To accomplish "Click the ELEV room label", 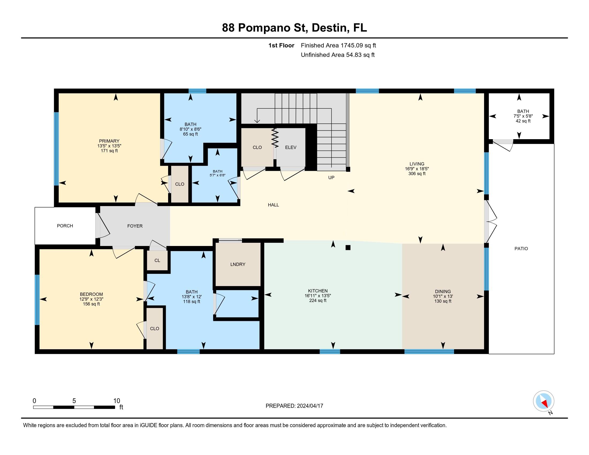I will click(x=290, y=147).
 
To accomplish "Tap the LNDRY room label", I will click(x=237, y=264).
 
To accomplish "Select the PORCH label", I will click(x=65, y=226).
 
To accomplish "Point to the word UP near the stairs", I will click(x=331, y=178).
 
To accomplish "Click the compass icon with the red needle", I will click(x=543, y=401).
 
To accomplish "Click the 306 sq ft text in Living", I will click(x=417, y=174).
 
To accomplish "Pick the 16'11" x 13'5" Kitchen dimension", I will click(x=318, y=296).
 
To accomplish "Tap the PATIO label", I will click(x=521, y=249).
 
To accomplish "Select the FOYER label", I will click(x=135, y=226).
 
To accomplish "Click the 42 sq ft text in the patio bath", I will click(x=523, y=121).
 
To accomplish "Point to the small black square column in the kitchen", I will click(x=348, y=248).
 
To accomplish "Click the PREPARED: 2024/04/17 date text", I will click(x=294, y=406).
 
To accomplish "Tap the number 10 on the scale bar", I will click(x=116, y=401).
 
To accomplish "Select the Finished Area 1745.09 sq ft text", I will click(x=338, y=45).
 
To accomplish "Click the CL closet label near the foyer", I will click(x=157, y=261).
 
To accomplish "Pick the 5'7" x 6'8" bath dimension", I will click(x=217, y=175).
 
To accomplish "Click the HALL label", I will click(x=273, y=205).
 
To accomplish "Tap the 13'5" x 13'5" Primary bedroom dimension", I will click(x=109, y=146).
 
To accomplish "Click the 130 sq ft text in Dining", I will click(x=443, y=301).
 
